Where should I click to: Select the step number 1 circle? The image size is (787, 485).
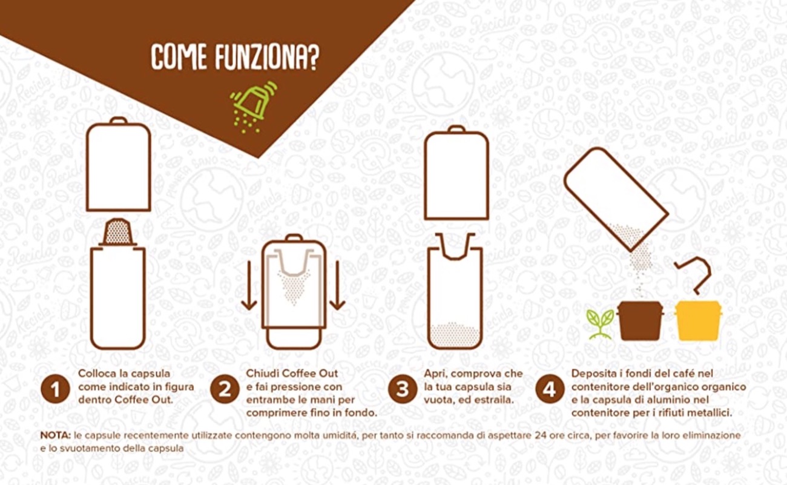(55, 389)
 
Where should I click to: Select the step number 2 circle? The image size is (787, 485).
(225, 389)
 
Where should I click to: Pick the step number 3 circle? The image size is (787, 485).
(403, 389)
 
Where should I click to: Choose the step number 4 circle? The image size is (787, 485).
(550, 389)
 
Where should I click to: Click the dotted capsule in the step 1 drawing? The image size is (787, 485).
(117, 232)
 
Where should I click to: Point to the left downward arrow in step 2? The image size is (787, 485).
(249, 285)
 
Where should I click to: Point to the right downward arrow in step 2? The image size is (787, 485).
(337, 285)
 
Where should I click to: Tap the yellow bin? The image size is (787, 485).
(698, 320)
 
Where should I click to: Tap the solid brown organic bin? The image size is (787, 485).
(640, 320)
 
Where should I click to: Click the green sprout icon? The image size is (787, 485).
(600, 324)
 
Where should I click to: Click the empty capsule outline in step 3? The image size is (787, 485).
(455, 246)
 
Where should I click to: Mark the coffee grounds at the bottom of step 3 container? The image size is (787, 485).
(455, 335)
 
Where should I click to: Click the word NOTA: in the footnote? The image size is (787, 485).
(56, 435)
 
